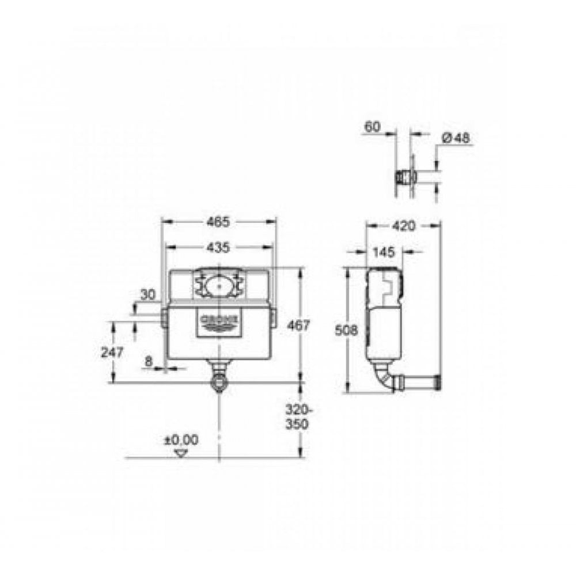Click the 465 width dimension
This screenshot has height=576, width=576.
coord(218,221)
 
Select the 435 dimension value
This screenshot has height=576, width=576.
coord(218,248)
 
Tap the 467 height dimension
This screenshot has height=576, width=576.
coord(298,325)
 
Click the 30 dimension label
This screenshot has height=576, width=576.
coord(148,294)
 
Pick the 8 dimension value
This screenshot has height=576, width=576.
coord(149,362)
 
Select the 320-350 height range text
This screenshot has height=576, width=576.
coord(298,416)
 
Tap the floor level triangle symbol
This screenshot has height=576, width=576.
coord(182,453)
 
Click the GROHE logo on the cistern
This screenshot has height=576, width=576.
coord(219,320)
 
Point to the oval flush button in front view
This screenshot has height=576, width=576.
coord(219,284)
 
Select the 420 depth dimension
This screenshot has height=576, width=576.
coord(403,226)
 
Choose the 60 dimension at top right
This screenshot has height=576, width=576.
coord(373,127)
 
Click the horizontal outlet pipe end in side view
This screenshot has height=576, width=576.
coord(438,381)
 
